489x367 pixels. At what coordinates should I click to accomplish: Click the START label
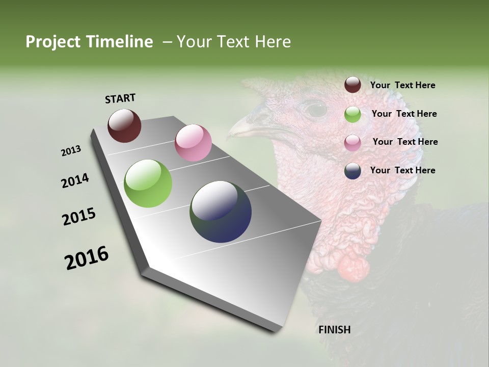(x=120, y=98)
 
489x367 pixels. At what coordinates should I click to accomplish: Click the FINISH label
(x=334, y=330)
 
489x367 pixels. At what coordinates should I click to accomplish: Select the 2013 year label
(x=71, y=151)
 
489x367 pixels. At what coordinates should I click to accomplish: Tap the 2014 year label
(x=75, y=180)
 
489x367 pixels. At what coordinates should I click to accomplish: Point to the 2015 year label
(x=78, y=217)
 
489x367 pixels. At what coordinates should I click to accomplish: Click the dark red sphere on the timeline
(x=124, y=125)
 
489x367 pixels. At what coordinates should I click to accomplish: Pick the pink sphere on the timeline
(x=193, y=143)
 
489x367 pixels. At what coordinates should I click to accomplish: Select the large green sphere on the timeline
(x=148, y=183)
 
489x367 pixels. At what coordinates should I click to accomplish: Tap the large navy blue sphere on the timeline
(x=221, y=212)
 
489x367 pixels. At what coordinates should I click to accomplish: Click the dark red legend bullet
(x=352, y=85)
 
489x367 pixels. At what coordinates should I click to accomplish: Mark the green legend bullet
(x=352, y=114)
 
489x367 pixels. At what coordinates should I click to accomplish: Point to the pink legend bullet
(x=352, y=142)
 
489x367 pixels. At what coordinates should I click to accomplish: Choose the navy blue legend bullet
(x=352, y=171)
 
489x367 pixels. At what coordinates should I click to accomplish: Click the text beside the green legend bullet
(x=404, y=114)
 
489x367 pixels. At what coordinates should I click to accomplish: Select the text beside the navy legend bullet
(x=402, y=170)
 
